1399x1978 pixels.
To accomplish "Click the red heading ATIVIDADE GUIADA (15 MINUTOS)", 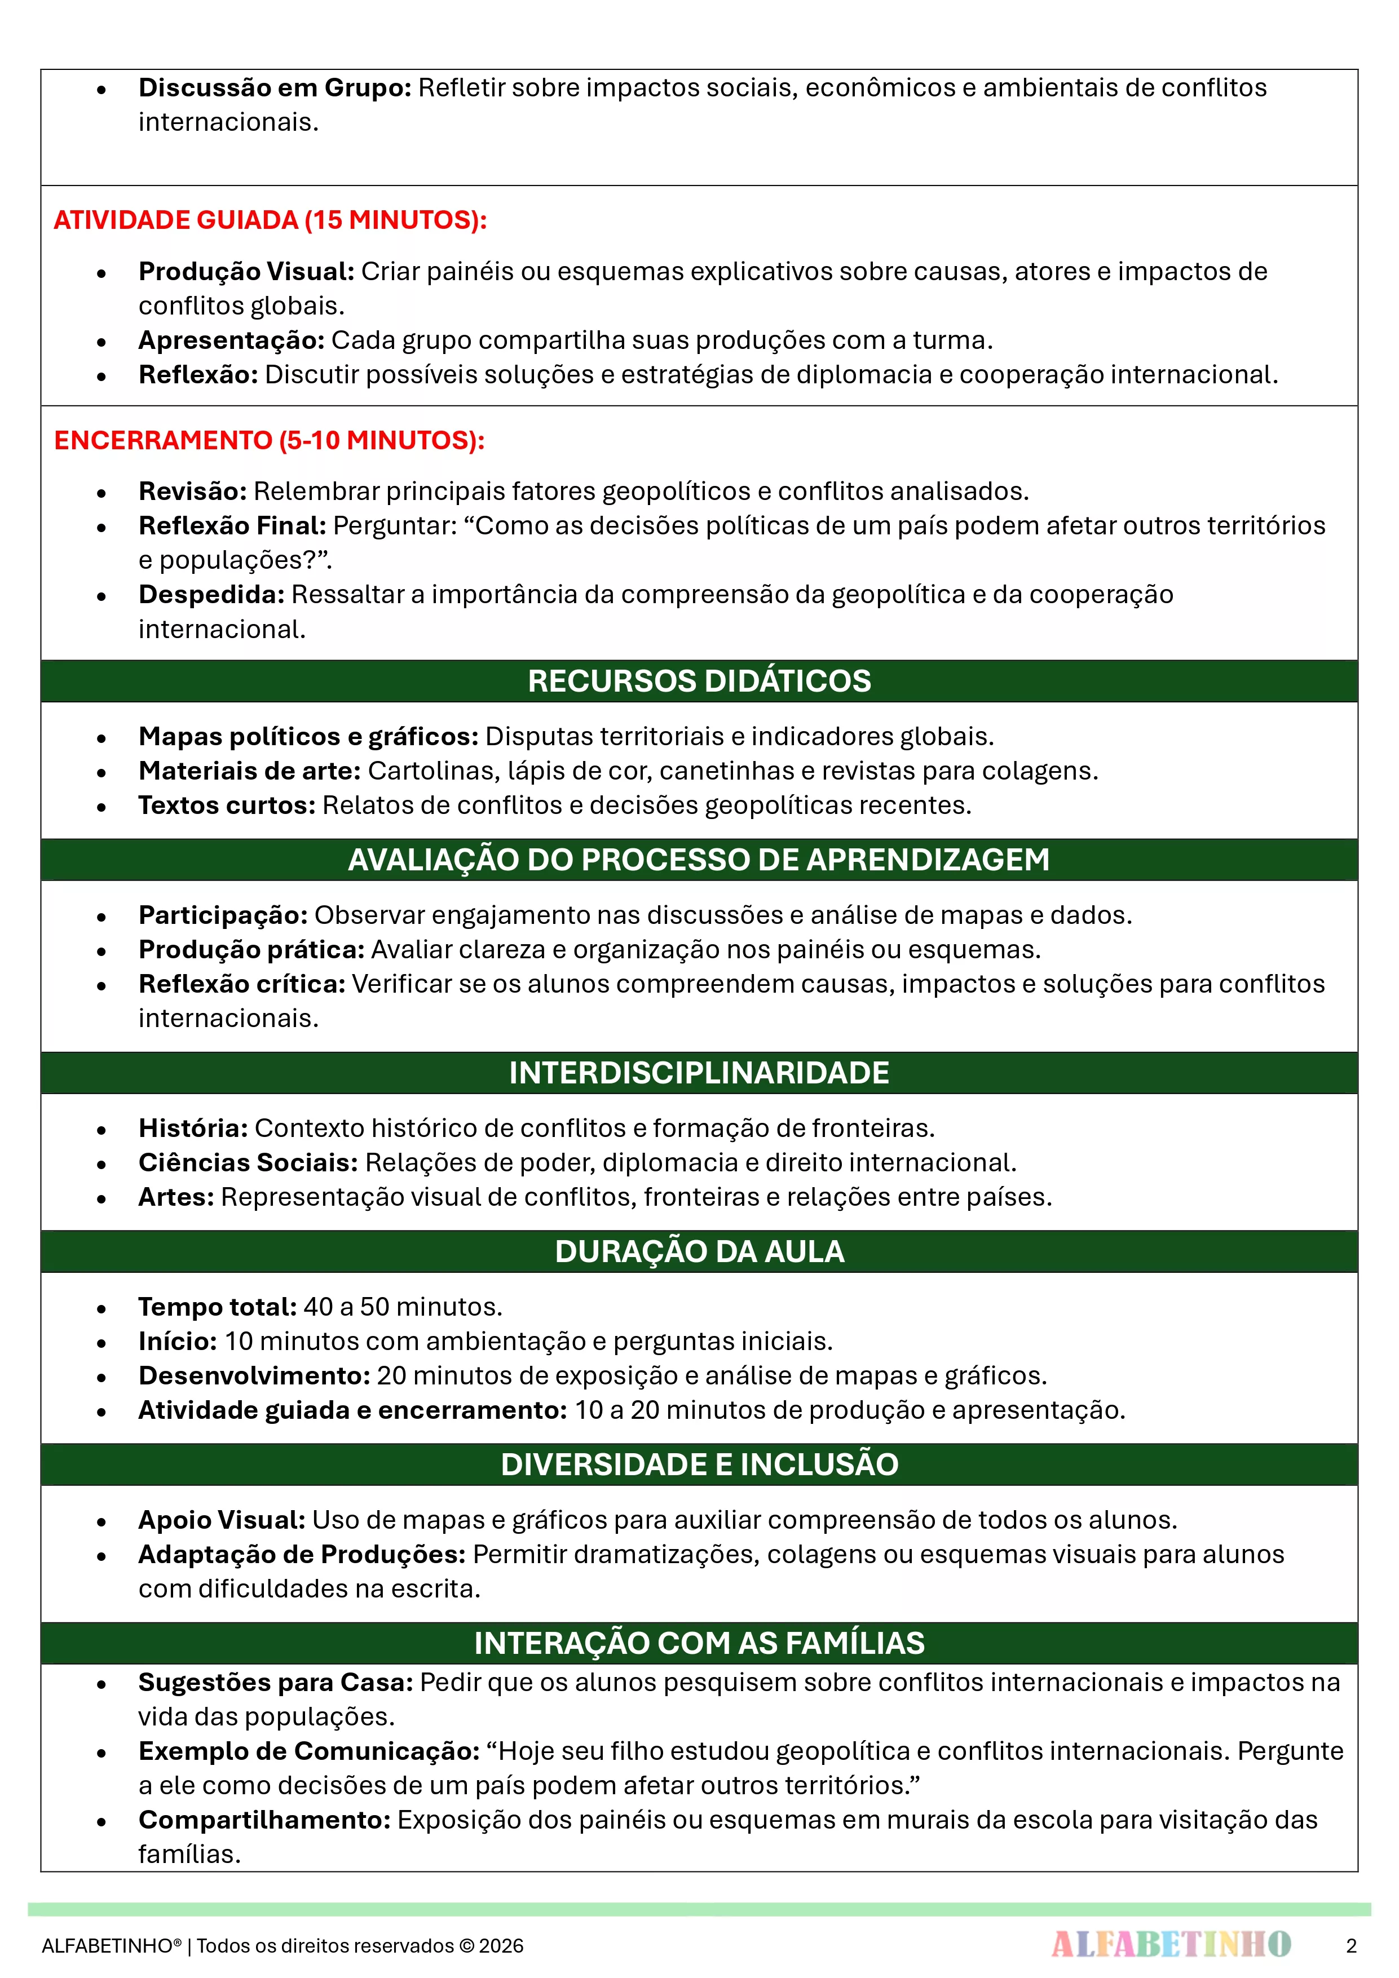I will point(270,220).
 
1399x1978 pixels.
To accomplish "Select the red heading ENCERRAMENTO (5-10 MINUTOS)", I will point(269,440).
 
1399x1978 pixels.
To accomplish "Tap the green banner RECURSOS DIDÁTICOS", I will point(699,680).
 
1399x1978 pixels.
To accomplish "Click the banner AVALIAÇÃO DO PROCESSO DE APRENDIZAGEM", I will point(699,859).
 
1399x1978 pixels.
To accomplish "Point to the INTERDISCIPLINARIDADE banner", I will point(699,1073).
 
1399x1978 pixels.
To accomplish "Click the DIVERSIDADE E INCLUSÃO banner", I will point(699,1464).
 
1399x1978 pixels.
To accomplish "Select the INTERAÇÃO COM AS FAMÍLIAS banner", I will point(699,1643).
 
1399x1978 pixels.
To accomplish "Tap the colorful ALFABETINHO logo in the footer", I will point(1171,1944).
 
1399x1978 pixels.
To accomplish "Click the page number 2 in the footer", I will point(1351,1945).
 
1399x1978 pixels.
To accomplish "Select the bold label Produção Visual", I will point(246,271).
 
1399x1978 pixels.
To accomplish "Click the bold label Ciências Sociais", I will point(248,1162).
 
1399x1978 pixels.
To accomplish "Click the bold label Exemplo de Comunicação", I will point(308,1751).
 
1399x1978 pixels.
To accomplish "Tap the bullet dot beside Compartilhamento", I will point(101,1821).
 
